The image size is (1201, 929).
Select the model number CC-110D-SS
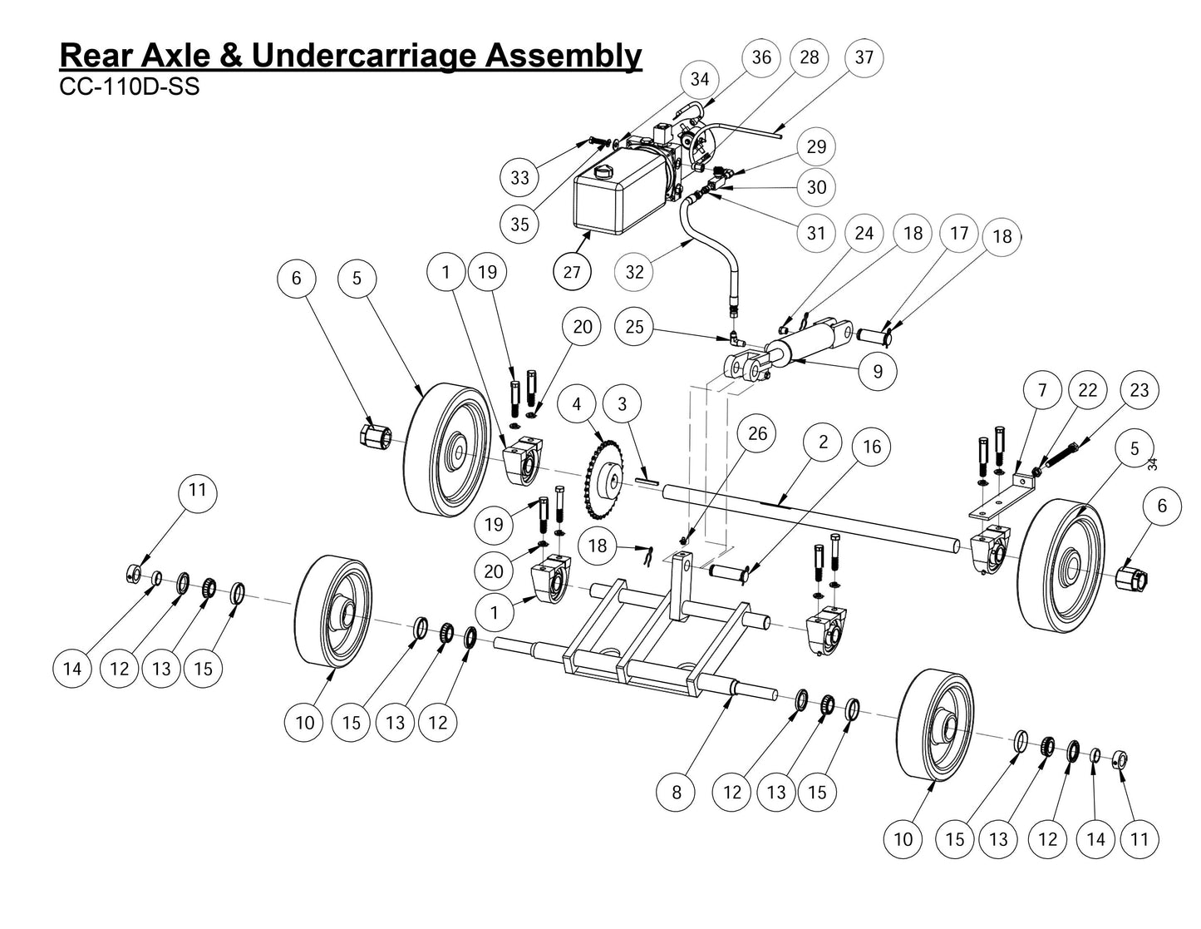130,87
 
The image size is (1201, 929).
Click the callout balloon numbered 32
634,271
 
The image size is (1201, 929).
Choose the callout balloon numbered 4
577,405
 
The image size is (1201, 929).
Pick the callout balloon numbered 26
756,433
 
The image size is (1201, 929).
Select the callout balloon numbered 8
676,792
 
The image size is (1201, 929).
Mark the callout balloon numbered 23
1139,389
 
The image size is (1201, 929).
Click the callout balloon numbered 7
1042,389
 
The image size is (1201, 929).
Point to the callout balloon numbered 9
877,371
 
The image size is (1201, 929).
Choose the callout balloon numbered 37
864,57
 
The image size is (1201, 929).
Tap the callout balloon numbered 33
519,177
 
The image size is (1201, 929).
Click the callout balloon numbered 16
871,447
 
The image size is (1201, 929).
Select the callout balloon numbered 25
634,326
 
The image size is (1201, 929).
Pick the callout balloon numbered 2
823,442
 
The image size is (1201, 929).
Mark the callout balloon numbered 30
816,187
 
